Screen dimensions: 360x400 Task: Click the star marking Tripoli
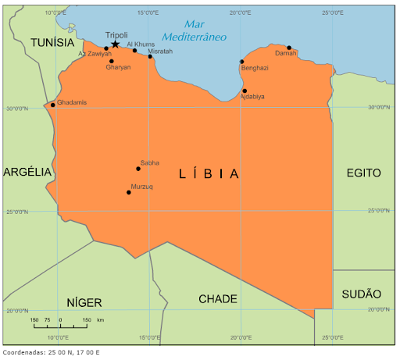click(116, 45)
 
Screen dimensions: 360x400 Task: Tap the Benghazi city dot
click(241, 61)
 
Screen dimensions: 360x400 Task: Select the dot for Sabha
click(138, 169)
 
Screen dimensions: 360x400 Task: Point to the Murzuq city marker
click(129, 192)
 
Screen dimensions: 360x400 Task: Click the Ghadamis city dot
click(53, 105)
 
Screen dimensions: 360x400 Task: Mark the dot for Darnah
click(289, 48)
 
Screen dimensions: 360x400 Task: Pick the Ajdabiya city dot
click(245, 91)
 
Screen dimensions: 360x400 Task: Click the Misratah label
click(160, 51)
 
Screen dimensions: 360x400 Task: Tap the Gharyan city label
click(118, 68)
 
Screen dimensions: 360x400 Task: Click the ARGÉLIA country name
click(27, 172)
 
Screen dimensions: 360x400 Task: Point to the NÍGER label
click(84, 302)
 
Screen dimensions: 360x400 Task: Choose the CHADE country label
click(218, 299)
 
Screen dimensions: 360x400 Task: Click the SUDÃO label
click(362, 294)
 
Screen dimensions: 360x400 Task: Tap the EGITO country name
click(364, 173)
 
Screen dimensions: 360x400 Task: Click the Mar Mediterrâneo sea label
click(194, 30)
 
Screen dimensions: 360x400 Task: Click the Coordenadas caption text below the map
click(52, 352)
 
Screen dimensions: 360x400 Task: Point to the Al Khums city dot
click(134, 51)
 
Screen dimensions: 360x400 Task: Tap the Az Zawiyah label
click(95, 54)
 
